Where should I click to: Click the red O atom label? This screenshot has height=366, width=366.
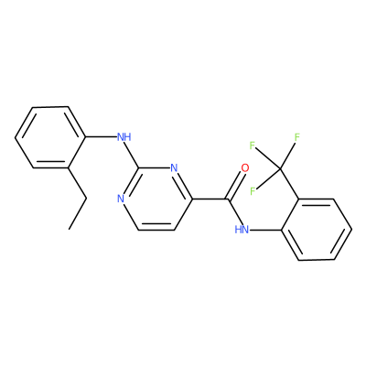coord(244,167)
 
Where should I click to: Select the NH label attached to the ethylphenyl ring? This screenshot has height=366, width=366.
coord(124,137)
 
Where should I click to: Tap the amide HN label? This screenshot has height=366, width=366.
coord(242,230)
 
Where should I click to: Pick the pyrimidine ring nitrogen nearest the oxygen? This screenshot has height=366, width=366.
coord(174,167)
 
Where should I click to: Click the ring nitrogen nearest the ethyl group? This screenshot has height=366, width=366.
coord(121,199)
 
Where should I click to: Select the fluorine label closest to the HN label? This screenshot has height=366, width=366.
coord(253,191)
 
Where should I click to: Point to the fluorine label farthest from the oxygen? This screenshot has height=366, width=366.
coord(297,137)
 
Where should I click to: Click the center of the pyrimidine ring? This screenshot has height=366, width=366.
coord(156,199)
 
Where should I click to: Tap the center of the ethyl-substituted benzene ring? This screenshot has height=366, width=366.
coord(50,137)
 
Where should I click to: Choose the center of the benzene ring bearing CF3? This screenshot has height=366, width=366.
coord(317,230)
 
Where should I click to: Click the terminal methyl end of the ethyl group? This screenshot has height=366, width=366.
coord(70,229)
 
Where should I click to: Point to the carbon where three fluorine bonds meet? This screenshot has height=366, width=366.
coord(280,168)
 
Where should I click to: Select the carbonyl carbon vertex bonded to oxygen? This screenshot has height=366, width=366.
coord(227,199)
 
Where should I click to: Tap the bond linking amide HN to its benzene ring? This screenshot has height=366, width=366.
coord(265,230)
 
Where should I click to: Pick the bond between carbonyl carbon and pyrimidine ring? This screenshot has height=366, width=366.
coord(210,199)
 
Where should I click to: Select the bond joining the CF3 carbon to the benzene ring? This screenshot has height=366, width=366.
coord(289,184)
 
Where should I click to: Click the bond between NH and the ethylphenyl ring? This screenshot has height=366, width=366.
coord(102,137)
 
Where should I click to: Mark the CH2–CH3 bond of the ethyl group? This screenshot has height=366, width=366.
coord(78,214)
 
